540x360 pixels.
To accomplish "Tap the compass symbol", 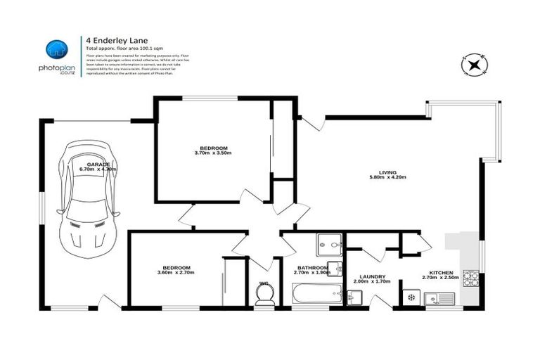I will tap(474, 65).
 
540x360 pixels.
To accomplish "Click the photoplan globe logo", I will tap(58, 49).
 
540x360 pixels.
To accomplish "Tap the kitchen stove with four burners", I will tap(472, 281).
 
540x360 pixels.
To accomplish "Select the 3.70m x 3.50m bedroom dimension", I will tap(213, 153).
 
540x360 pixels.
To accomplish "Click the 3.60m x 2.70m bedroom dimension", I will tap(176, 272).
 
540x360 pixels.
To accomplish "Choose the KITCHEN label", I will tap(442, 272).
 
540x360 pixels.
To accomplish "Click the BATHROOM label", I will tap(312, 267).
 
